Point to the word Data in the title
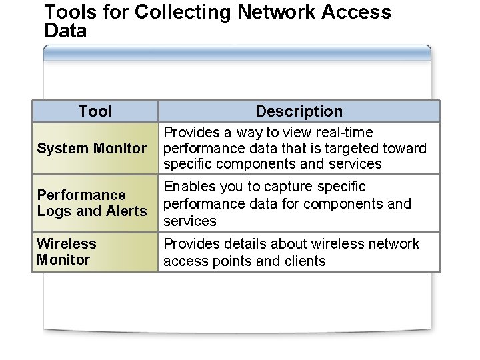65,31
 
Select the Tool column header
95,111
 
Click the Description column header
299,111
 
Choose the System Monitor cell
92,148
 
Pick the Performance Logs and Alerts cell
92,203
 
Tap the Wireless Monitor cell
67,251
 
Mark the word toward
405,148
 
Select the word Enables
188,187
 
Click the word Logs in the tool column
51,211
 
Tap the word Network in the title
289,13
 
